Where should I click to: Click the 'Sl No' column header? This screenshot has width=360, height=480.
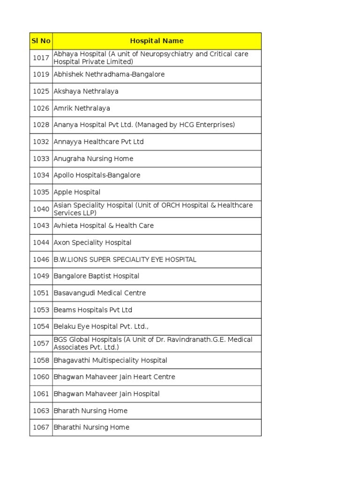pos(41,41)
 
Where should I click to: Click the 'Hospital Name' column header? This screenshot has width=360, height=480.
pos(157,41)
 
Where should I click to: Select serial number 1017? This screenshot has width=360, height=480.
pos(41,58)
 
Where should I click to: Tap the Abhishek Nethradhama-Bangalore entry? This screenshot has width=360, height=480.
pos(109,75)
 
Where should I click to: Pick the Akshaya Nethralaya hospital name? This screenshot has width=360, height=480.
pos(86,91)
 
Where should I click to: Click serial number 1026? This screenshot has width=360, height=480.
pos(41,108)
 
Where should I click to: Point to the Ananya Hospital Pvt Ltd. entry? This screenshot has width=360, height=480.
pos(144,125)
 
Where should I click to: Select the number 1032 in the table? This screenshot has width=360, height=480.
pos(41,142)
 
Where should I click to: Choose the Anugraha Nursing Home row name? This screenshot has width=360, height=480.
pos(93,158)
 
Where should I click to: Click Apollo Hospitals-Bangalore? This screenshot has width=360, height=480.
pos(97,175)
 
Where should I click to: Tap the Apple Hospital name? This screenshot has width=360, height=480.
pos(77,192)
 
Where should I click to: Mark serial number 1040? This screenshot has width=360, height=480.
pos(41,209)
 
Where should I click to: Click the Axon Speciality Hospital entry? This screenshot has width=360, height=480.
pos(92,243)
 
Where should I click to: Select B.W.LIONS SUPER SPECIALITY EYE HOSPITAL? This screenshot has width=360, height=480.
pos(125,259)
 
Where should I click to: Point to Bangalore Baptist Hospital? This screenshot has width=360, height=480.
pos(96,276)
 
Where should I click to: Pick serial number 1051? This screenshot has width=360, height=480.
pos(41,293)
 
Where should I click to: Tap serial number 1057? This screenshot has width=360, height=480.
pos(41,343)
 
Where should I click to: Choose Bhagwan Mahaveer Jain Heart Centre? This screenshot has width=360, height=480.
pos(114,377)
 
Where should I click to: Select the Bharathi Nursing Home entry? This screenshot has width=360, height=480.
pos(91,427)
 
